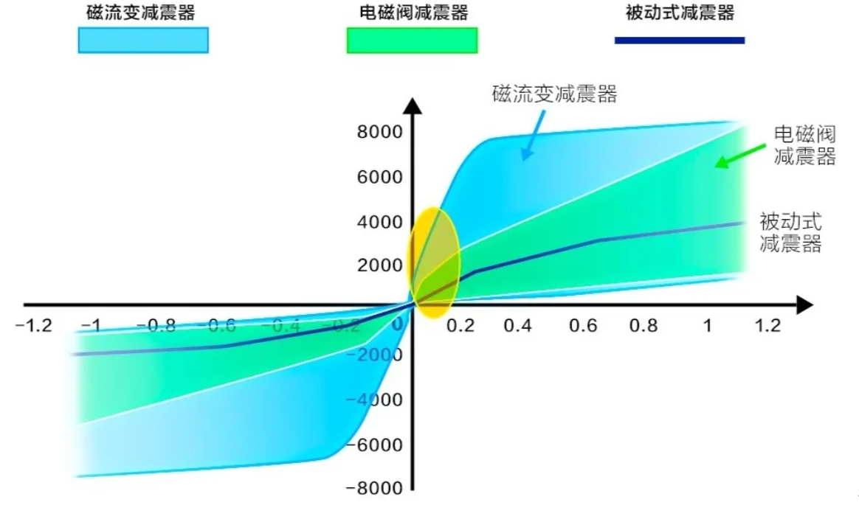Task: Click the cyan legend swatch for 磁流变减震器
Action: (143, 40)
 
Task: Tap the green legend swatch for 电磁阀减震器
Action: (412, 40)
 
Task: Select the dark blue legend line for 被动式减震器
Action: (679, 40)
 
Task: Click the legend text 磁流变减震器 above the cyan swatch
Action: (141, 13)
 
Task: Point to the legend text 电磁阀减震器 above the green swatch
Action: (411, 13)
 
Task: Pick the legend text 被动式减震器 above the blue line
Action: (680, 13)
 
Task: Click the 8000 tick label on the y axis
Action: (380, 133)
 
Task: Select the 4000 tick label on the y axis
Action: (380, 222)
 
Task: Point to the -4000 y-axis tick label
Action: (376, 400)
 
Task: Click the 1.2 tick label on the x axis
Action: (767, 326)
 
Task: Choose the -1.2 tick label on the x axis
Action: (34, 326)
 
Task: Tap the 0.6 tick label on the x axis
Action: (583, 326)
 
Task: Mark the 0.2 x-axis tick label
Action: (460, 326)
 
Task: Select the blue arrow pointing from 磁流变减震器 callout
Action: (533, 133)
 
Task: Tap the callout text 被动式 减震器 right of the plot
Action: (790, 231)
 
